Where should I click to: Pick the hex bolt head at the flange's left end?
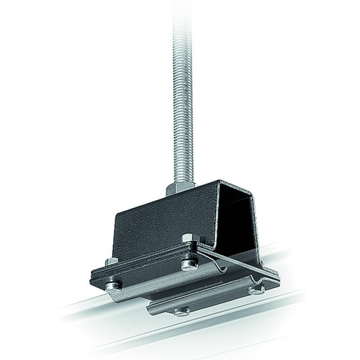coord(112,261)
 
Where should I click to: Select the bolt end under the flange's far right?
coord(256,290)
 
